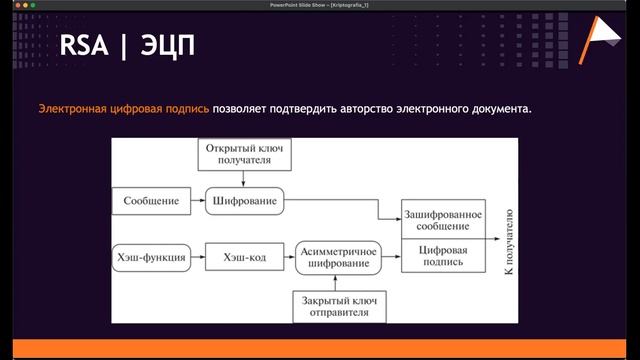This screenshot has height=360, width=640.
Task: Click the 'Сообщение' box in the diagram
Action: (x=151, y=201)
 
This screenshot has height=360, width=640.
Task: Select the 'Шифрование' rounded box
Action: (x=244, y=201)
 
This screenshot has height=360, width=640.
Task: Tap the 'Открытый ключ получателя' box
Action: (x=245, y=155)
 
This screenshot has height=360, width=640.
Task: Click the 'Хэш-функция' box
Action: (x=151, y=257)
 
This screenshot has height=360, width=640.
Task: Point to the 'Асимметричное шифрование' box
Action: (x=338, y=257)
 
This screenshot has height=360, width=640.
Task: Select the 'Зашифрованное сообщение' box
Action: (x=442, y=221)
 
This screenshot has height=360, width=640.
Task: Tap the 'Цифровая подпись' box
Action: (x=442, y=257)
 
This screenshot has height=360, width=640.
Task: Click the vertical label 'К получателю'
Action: (x=508, y=239)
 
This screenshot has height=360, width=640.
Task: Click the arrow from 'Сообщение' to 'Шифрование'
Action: (x=195, y=201)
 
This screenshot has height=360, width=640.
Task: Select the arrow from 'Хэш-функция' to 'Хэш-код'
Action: (x=196, y=257)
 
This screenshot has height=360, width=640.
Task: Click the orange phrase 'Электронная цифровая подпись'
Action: (x=124, y=107)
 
